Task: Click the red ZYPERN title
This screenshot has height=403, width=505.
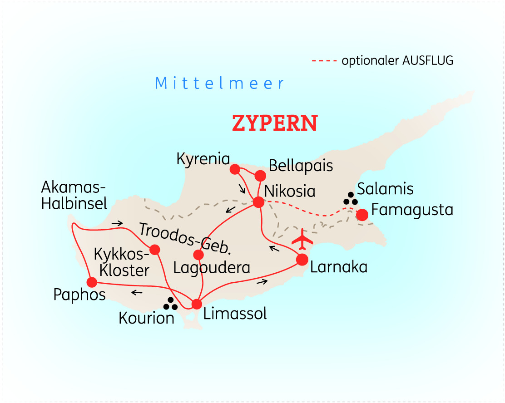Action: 275,123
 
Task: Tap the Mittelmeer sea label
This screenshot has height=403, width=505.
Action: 220,84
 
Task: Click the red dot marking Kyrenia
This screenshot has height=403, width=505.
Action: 235,169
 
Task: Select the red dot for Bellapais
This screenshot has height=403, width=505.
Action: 260,176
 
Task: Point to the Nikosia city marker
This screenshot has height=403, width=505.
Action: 258,202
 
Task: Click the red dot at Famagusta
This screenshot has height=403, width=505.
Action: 362,215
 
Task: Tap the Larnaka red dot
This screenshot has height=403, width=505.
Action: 302,260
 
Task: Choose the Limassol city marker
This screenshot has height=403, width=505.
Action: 197,304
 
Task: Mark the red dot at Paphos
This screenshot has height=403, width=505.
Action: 92,282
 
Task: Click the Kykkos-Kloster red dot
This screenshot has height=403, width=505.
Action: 155,249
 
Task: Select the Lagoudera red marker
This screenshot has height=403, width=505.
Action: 198,255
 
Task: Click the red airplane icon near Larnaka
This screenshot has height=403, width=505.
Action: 302,239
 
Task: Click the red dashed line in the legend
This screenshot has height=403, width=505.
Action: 324,60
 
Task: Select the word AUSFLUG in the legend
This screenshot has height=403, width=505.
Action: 427,60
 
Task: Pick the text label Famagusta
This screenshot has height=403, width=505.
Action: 412,210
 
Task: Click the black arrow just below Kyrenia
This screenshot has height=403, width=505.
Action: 243,188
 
